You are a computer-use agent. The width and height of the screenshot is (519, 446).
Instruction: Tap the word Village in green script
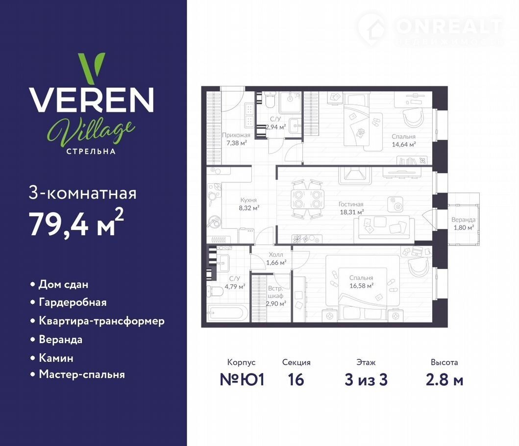click(x=91, y=132)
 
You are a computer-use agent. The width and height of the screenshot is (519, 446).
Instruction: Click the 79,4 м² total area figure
click(x=76, y=223)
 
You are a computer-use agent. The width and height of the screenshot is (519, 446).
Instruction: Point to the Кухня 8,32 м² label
click(x=248, y=204)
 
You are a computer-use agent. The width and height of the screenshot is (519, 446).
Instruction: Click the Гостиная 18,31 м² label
click(x=351, y=208)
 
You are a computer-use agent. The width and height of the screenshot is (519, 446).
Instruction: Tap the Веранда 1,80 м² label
click(x=464, y=223)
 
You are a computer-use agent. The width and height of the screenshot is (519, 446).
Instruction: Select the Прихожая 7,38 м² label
click(x=236, y=139)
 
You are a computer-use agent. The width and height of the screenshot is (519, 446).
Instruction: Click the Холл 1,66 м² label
click(x=276, y=259)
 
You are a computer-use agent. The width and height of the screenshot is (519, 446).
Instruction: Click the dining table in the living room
click(x=307, y=199)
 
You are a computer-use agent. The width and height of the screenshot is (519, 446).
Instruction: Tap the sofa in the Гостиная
click(x=384, y=229)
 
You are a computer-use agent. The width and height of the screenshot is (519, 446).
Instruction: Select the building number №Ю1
click(x=242, y=379)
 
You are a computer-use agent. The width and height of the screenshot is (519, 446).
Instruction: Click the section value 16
click(x=296, y=379)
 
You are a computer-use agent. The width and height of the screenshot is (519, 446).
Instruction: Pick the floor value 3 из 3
click(x=366, y=379)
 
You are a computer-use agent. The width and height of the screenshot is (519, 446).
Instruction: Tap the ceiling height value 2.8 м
click(x=444, y=380)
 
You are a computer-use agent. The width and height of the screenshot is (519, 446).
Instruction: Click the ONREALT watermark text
click(x=449, y=26)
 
